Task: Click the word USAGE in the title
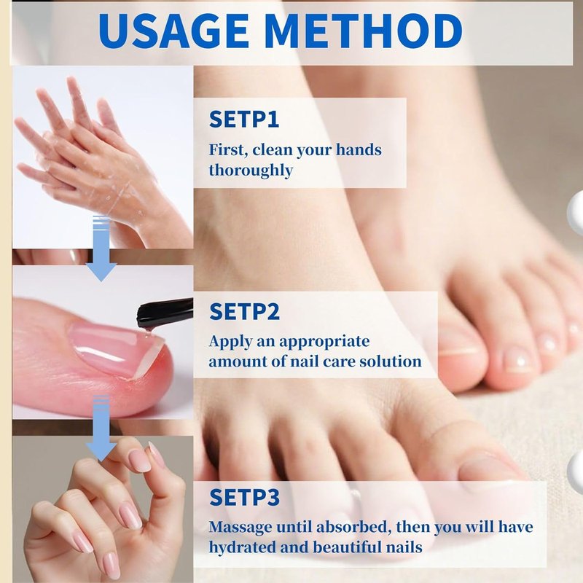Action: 173,31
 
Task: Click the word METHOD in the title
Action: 364,31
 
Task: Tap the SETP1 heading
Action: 244,120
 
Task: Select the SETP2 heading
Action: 244,312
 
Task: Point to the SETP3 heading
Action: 244,497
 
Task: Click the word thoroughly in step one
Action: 251,171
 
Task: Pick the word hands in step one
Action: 359,149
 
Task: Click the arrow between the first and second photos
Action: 101,249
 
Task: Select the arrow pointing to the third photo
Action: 101,429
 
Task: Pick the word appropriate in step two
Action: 324,342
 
